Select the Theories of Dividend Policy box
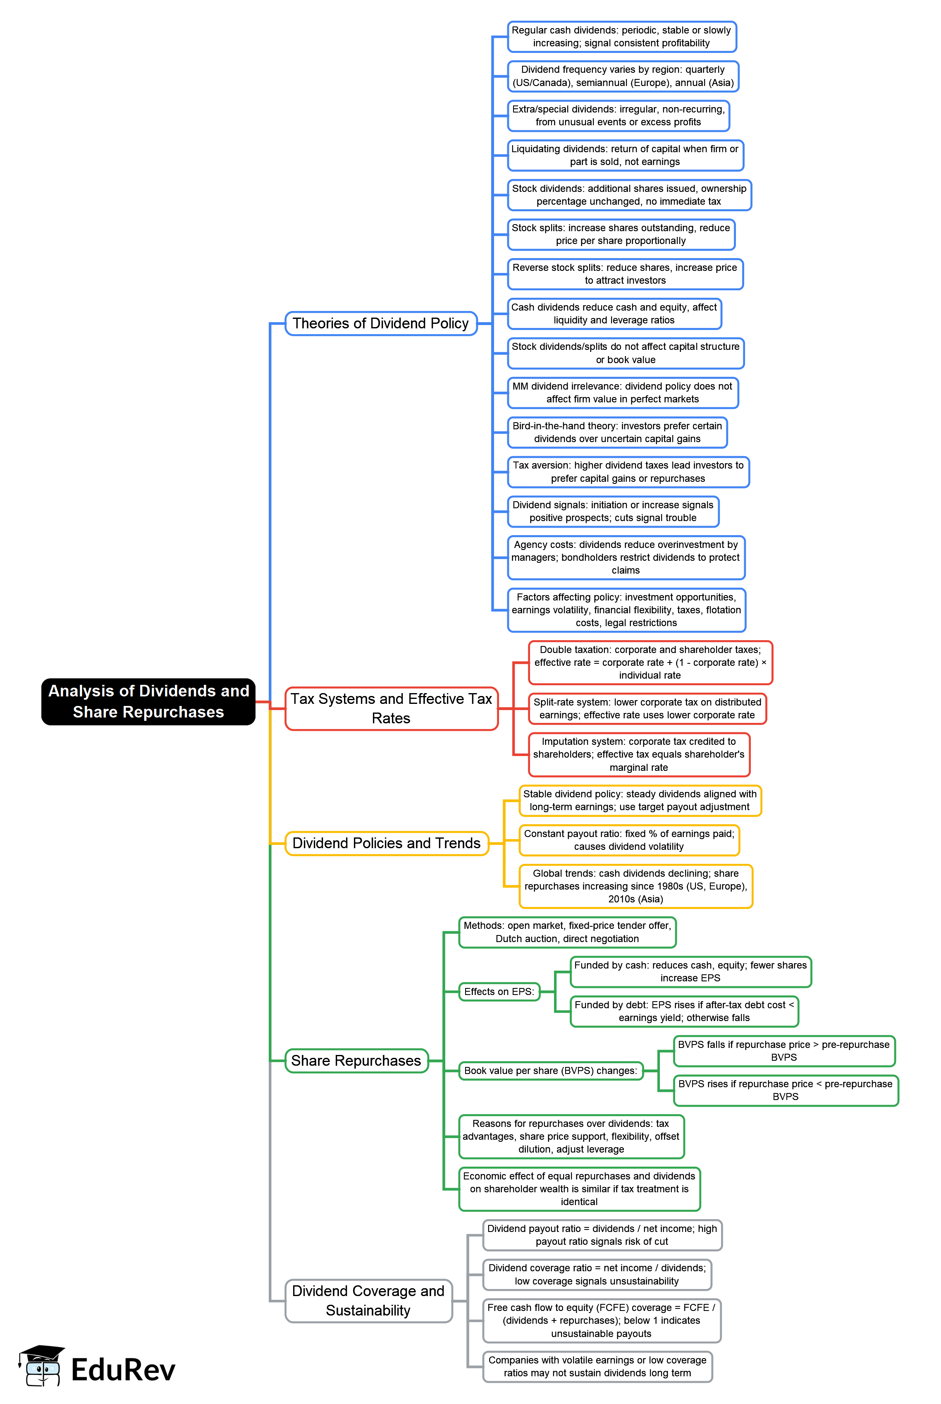pyautogui.click(x=380, y=323)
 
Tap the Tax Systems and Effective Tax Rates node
pyautogui.click(x=391, y=708)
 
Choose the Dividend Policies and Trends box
pyautogui.click(x=387, y=843)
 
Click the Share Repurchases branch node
pyautogui.click(x=356, y=1061)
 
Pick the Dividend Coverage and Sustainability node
pyautogui.click(x=368, y=1300)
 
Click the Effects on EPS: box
pyautogui.click(x=499, y=992)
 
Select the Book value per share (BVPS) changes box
pyautogui.click(x=550, y=1070)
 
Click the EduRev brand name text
pyautogui.click(x=123, y=1370)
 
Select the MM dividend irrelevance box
pyautogui.click(x=622, y=392)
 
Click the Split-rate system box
pyautogui.click(x=647, y=708)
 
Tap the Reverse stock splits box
pyautogui.click(x=625, y=274)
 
